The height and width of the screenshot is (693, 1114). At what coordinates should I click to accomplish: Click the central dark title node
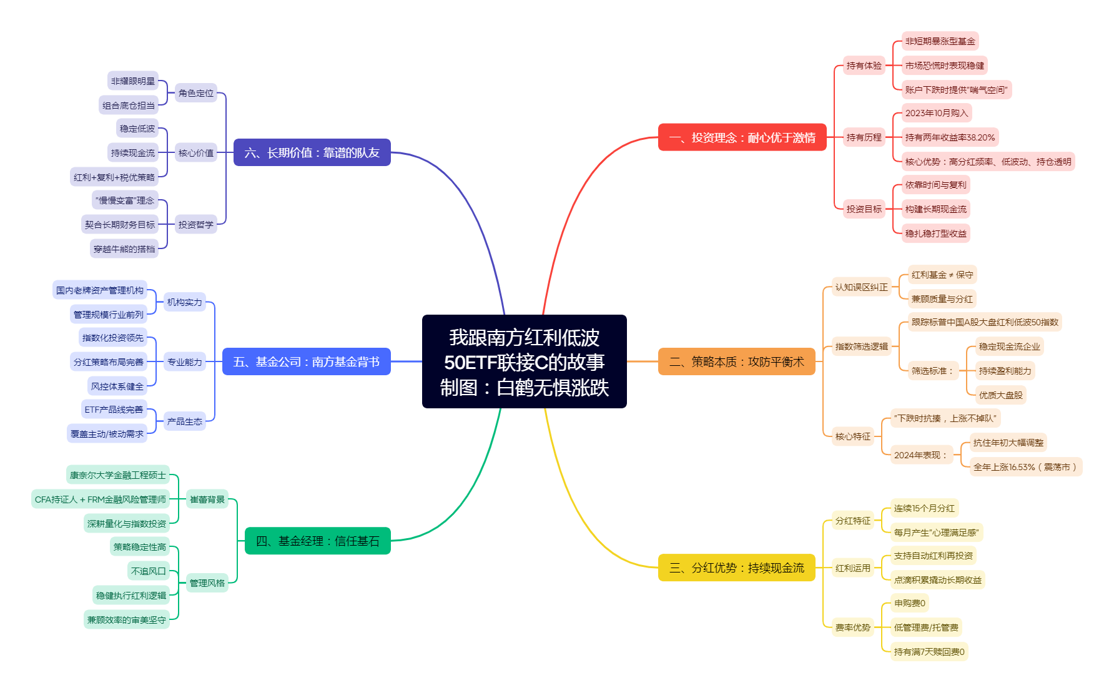[524, 361]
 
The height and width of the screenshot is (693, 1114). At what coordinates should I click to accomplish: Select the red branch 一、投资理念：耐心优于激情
[742, 137]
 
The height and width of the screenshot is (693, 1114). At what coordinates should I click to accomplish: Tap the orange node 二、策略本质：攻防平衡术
[736, 361]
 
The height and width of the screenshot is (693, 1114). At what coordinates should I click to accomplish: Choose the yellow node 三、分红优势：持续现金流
[736, 568]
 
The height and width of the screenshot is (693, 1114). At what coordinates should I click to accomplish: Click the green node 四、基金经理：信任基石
[317, 541]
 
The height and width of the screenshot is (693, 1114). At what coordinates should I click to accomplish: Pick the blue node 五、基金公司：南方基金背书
[306, 361]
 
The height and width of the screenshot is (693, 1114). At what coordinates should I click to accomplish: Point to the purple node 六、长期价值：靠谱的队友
[312, 152]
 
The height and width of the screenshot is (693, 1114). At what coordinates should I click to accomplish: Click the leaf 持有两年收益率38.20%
[950, 137]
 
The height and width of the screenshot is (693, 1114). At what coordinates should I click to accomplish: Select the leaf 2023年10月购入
[937, 113]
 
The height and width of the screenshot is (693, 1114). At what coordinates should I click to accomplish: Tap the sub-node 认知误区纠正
[861, 287]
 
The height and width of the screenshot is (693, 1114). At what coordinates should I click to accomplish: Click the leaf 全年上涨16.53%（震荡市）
[1025, 467]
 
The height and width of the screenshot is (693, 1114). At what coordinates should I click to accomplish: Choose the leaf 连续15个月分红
[924, 508]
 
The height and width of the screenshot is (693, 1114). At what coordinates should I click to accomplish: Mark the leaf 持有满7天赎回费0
[929, 652]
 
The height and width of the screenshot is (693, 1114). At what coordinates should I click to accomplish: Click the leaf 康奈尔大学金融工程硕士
[117, 475]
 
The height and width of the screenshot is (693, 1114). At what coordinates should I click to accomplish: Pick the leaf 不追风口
[149, 571]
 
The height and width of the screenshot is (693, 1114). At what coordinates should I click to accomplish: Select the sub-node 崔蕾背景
[207, 499]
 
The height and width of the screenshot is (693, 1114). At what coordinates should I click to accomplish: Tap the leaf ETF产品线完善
[114, 410]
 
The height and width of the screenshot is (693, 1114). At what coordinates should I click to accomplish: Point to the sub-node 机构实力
[185, 302]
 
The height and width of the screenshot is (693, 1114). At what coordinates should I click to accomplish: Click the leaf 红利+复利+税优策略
[114, 177]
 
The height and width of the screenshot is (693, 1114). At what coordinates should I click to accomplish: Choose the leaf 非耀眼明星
[133, 81]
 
